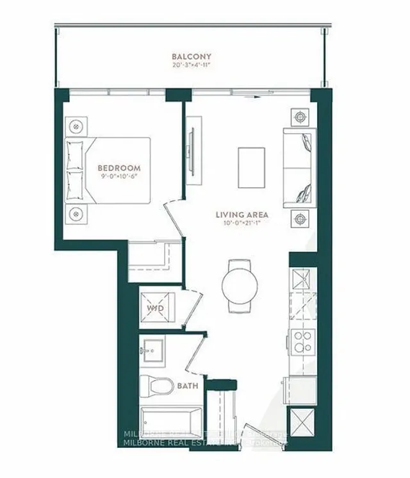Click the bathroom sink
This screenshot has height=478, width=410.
point(152,350)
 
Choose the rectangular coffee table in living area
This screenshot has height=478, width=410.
point(251,167)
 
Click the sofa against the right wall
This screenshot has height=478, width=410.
point(299,167)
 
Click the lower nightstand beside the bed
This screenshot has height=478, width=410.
point(76,213)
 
